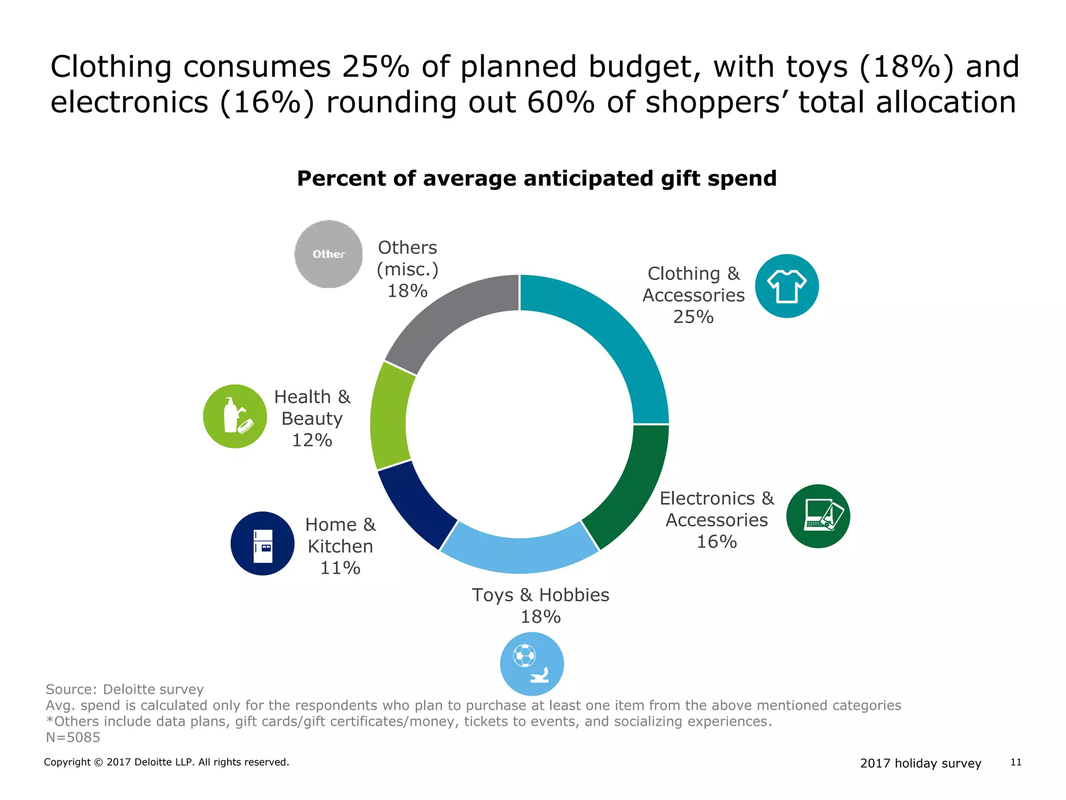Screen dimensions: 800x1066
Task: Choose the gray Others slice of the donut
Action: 448,318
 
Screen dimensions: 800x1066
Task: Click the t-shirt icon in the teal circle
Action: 786,286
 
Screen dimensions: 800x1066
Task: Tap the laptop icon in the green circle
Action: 818,516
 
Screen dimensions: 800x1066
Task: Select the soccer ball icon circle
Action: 531,664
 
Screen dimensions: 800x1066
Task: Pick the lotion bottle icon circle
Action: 235,416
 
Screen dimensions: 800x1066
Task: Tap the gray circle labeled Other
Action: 328,254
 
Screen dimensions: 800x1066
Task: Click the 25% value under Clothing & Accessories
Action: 693,317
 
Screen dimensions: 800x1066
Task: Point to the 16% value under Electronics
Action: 716,542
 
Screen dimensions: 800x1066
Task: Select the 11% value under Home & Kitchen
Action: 340,568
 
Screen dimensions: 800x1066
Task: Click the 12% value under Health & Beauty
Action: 312,440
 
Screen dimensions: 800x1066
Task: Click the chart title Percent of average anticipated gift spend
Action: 536,178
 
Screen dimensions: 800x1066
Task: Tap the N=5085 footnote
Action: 73,737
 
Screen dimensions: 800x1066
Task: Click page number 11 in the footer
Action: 1016,762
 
